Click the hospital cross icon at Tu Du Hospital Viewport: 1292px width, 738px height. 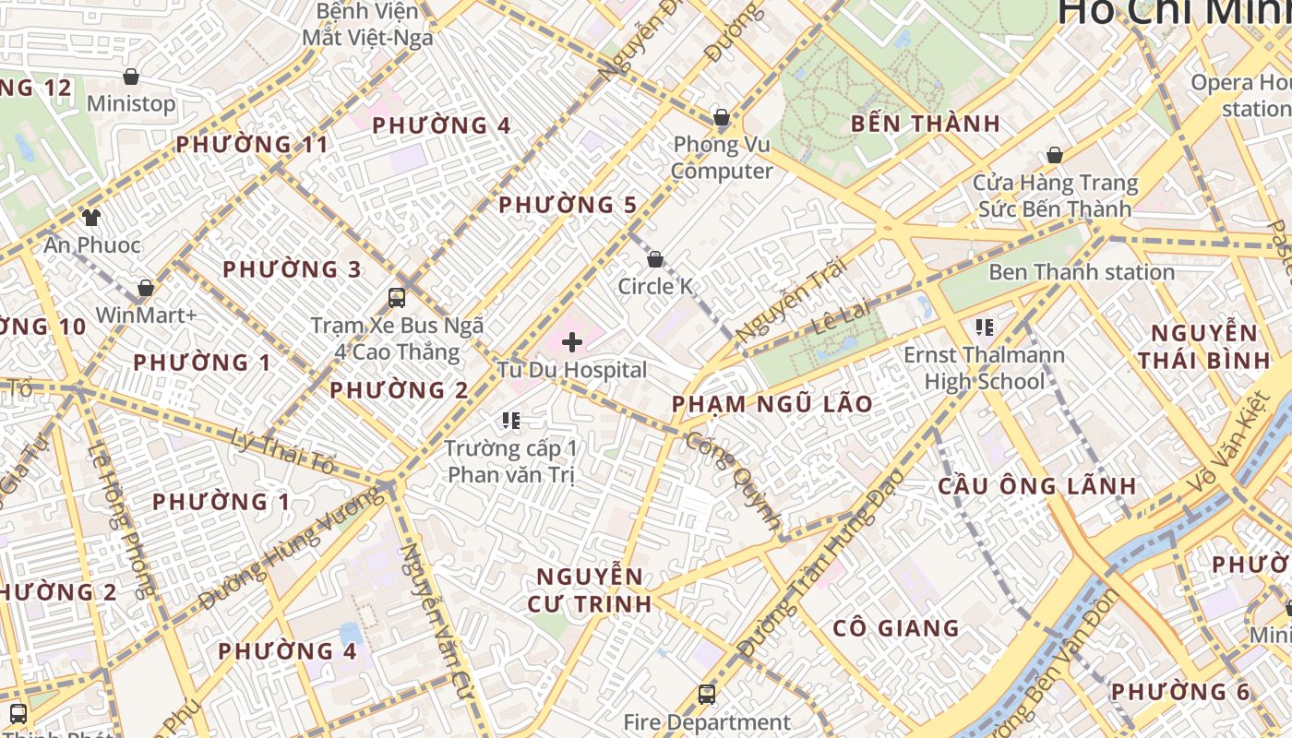pos(572,342)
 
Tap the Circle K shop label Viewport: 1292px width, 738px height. pos(655,286)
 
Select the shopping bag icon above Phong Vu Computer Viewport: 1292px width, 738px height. pos(721,117)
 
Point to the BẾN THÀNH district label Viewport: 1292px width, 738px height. pos(925,123)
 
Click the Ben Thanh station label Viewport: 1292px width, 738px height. pos(1081,272)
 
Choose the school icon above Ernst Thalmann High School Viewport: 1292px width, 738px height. pos(984,327)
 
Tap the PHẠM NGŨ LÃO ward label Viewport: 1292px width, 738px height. pos(772,403)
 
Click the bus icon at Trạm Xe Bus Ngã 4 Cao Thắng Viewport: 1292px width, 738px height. pos(397,297)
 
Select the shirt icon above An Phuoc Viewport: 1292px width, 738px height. pos(90,217)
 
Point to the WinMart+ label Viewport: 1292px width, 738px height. pos(146,315)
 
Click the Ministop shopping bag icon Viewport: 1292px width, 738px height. pos(131,77)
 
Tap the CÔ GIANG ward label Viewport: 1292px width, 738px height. pos(896,628)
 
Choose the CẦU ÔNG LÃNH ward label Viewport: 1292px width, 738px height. pos(1037,485)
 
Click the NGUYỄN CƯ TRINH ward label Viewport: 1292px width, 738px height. pos(590,590)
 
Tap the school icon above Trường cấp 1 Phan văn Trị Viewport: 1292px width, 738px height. pos(511,422)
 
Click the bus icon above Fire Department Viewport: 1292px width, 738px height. pos(706,694)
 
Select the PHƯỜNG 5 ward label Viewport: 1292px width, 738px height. pos(568,205)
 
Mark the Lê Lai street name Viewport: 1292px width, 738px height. pos(841,315)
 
